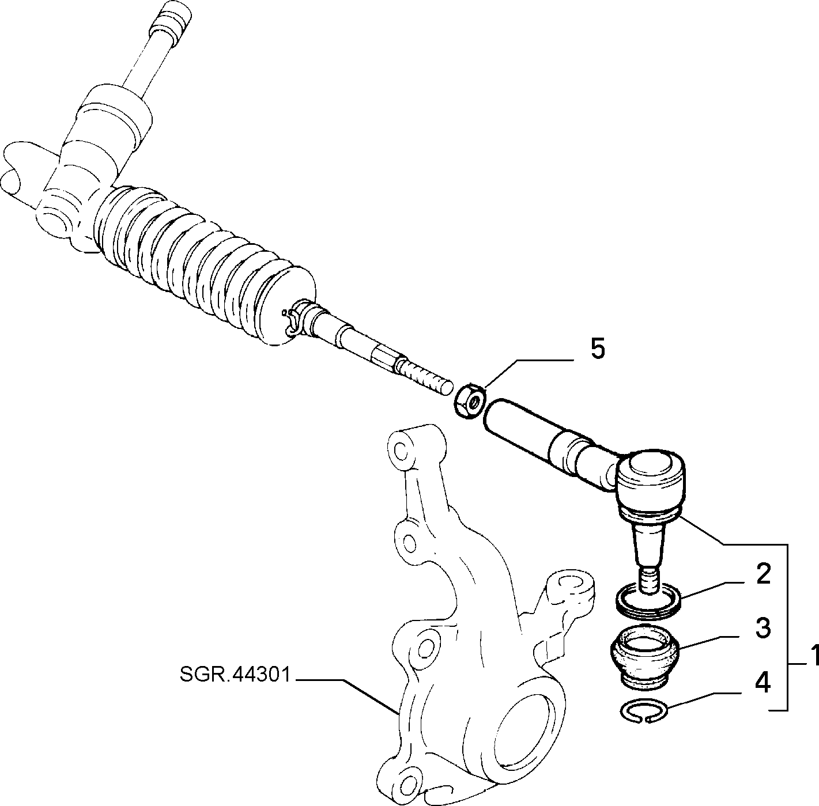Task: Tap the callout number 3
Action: [763, 629]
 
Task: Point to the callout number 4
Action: [763, 684]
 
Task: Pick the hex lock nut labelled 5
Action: [469, 400]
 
